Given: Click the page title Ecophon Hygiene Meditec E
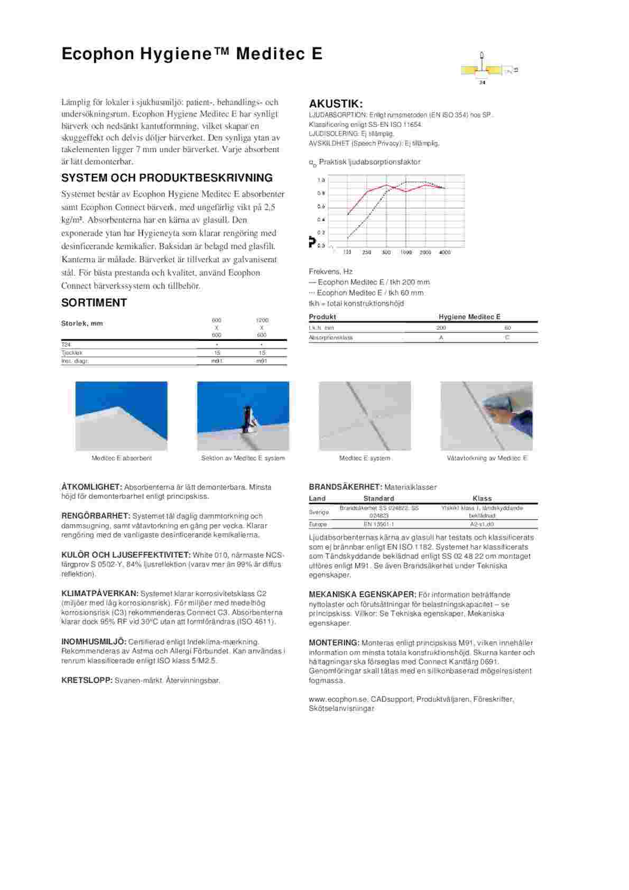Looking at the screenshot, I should tap(191, 54).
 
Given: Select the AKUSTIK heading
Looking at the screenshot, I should tap(336, 104).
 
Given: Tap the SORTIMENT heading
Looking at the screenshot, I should tap(94, 303).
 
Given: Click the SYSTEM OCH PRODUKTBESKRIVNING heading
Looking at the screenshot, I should tap(167, 178).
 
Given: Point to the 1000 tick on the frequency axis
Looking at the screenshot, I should tap(406, 253).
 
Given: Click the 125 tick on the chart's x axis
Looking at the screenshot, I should tap(348, 253).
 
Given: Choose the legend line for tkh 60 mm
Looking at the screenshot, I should tap(366, 293).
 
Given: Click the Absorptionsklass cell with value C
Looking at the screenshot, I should tap(507, 337).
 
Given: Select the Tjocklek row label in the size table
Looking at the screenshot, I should tap(72, 353).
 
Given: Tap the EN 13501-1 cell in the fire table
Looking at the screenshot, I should tap(379, 524).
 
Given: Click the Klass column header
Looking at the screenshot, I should tap(482, 498).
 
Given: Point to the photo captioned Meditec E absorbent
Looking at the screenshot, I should tap(122, 416).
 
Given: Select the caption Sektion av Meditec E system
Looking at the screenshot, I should tap(243, 458).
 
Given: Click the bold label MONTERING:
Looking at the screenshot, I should tap(334, 643).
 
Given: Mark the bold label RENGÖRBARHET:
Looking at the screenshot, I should tap(96, 516).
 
